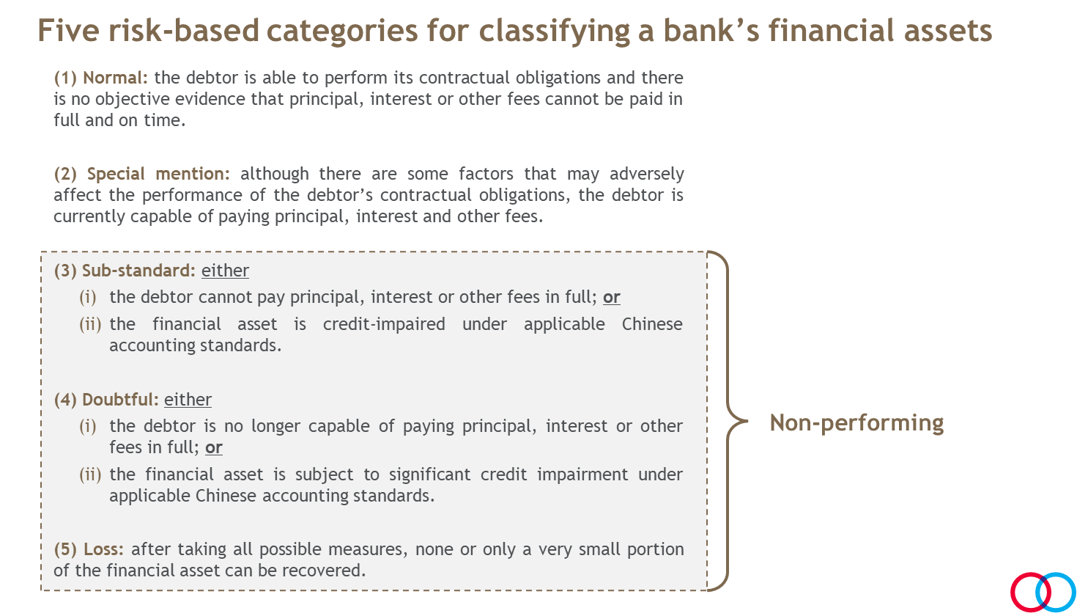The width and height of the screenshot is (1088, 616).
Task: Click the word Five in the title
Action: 67,30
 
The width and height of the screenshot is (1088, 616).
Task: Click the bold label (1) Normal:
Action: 100,78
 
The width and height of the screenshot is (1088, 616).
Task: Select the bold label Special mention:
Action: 158,174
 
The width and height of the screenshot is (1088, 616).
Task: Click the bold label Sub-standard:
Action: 138,271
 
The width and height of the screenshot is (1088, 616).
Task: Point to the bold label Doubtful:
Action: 120,399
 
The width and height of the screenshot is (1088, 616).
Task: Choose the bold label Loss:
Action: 103,549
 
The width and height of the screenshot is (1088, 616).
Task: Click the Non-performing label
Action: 856,423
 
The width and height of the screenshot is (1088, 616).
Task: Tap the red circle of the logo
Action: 1030,592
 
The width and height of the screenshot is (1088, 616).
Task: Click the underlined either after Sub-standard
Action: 225,271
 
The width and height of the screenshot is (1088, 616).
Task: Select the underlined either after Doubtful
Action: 188,399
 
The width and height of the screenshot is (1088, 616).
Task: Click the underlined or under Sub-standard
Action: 612,297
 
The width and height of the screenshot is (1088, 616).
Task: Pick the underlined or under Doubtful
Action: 214,447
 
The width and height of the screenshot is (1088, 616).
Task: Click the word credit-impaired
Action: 384,324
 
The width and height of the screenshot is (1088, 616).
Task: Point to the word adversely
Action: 646,174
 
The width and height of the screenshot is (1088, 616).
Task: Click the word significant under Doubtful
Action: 429,474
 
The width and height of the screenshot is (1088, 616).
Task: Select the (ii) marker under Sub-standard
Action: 90,324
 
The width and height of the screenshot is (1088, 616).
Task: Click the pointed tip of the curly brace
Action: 747,421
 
